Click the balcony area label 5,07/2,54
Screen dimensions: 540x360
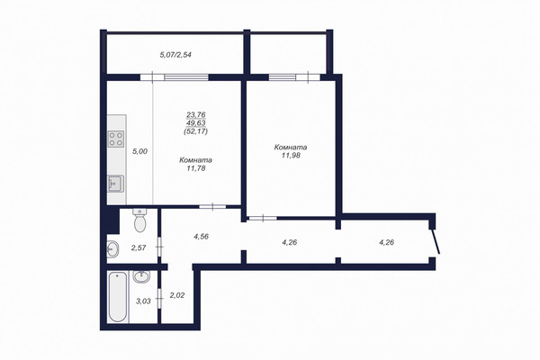point(175,54)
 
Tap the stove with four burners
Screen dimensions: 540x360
point(116,139)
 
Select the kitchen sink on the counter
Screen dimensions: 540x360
point(116,184)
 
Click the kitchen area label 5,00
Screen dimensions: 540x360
point(140,151)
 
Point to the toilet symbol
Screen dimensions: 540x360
point(139,220)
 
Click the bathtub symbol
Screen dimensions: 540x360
point(117,297)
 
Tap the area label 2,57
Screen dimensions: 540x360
point(139,247)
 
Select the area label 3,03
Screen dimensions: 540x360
point(143,301)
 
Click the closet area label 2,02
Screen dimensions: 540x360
point(177,295)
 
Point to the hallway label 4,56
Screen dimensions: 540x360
point(201,237)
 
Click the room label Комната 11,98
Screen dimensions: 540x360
point(291,151)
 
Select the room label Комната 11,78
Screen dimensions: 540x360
point(195,164)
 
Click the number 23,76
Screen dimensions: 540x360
point(196,114)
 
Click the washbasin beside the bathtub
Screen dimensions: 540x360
point(141,276)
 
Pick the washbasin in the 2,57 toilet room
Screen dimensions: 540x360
point(112,249)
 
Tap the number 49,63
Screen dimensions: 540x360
point(196,123)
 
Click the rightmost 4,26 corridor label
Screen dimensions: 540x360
point(386,242)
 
